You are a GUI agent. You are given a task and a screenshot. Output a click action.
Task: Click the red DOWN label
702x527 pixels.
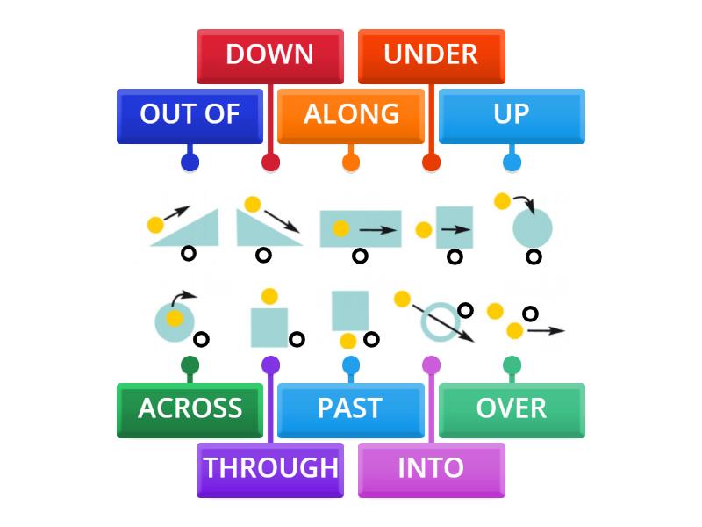tap(269, 54)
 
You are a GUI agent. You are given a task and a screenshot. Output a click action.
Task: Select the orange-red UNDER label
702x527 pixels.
tap(431, 54)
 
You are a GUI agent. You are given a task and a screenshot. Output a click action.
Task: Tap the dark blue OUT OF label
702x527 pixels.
tap(190, 114)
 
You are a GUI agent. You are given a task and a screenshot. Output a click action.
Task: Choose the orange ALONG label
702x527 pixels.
tap(351, 114)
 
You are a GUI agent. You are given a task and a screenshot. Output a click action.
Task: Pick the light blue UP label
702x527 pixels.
tap(512, 114)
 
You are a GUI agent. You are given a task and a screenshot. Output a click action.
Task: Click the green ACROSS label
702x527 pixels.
tap(190, 408)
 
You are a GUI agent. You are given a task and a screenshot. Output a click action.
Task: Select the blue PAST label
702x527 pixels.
tap(350, 408)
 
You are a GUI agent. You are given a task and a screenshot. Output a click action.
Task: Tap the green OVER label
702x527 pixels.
tap(512, 408)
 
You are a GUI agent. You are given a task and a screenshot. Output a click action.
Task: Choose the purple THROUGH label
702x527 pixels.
tap(270, 468)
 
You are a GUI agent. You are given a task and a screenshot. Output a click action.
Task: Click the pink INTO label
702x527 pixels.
tap(431, 468)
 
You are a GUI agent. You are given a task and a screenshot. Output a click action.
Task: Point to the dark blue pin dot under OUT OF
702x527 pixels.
tap(190, 162)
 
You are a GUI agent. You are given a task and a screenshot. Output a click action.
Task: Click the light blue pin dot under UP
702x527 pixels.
tap(512, 162)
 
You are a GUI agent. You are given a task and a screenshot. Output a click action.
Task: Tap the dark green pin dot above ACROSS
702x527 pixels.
tap(190, 365)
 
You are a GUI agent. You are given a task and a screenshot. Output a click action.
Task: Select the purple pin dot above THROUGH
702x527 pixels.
tap(270, 365)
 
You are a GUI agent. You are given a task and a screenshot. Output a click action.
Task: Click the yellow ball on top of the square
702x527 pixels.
tap(269, 297)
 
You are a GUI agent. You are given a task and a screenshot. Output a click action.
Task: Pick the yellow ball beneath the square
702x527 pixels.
tap(348, 341)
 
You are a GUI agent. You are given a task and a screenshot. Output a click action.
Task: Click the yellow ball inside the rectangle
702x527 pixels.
tap(340, 229)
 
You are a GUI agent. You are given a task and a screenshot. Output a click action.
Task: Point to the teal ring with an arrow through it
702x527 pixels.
tap(438, 321)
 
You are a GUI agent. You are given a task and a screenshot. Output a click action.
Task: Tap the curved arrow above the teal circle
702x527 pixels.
tap(524, 204)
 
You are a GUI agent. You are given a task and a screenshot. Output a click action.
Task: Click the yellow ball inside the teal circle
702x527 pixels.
tap(175, 318)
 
